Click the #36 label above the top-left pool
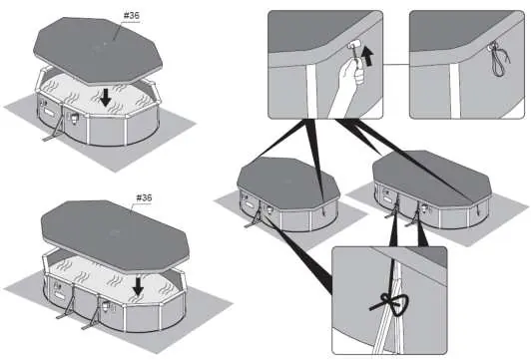tap(132, 16)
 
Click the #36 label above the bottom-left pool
tap(144, 197)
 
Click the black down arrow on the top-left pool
tap(106, 98)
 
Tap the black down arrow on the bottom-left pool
tap(138, 286)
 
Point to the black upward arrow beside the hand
tap(367, 56)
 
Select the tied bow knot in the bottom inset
tap(393, 304)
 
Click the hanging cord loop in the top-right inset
tap(498, 59)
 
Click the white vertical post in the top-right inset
tap(455, 90)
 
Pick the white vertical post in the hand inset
tap(311, 91)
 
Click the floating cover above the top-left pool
tap(98, 51)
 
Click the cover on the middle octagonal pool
tap(287, 182)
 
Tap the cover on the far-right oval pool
tap(432, 179)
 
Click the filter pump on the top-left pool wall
tap(74, 117)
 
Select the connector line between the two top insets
tap(396, 64)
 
